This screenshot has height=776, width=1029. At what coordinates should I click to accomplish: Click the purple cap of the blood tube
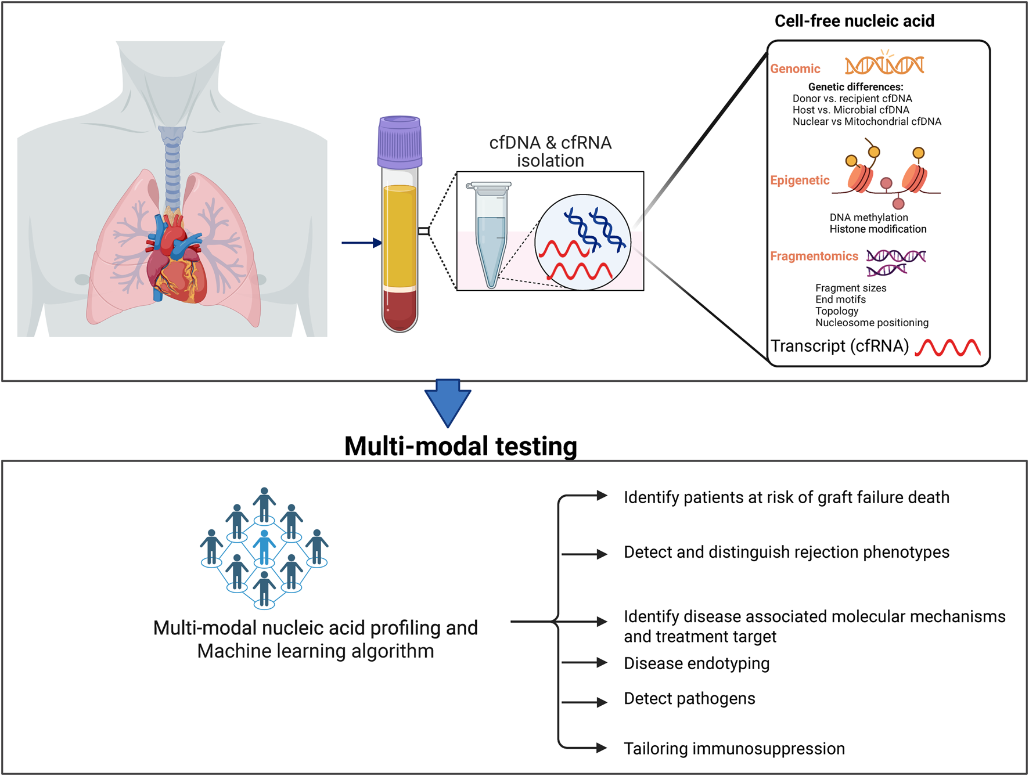point(400,142)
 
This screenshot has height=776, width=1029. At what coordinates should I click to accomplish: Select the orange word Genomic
point(795,69)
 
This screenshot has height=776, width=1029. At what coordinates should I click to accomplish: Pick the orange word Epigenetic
point(800,181)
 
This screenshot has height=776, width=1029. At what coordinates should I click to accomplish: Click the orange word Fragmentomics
point(814,257)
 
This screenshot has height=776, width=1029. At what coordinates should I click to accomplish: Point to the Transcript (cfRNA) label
point(840,347)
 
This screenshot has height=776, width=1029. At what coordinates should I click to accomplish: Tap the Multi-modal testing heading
point(460,446)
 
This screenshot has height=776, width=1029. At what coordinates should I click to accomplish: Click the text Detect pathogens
point(689,699)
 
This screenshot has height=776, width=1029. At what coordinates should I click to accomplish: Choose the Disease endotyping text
point(696,663)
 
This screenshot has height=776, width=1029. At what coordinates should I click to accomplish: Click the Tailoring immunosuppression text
point(734,749)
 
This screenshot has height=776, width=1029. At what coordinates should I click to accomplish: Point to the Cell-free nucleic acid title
point(854,21)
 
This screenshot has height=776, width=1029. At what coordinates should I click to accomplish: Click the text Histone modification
point(877,229)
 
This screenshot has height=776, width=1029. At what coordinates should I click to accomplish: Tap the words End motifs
point(840,299)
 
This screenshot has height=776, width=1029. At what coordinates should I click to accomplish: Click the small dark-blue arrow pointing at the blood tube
point(361,243)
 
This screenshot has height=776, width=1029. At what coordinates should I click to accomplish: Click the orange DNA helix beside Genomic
point(884,65)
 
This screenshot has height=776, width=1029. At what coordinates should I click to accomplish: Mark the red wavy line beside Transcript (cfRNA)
point(948,348)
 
